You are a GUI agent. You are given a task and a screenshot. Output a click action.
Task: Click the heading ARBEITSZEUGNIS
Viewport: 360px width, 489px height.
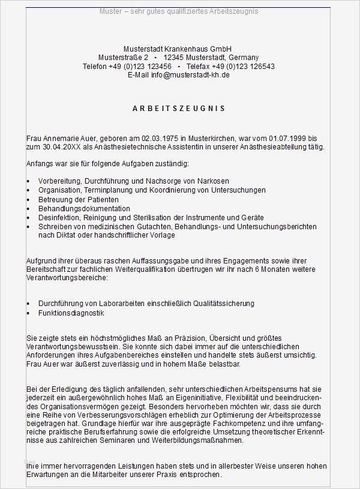[178, 109]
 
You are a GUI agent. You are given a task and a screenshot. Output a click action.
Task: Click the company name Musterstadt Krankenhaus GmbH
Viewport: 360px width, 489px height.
[178, 49]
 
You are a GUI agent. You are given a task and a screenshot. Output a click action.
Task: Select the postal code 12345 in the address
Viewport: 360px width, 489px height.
[176, 58]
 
